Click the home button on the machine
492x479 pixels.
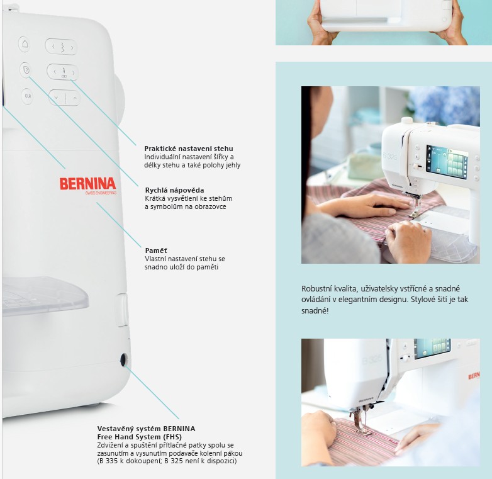click(x=25, y=44)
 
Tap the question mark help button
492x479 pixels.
click(x=26, y=70)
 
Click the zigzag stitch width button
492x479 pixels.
click(x=62, y=47)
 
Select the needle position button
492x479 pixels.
click(x=63, y=72)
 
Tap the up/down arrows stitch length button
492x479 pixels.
click(x=65, y=98)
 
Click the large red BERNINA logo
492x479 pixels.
click(x=87, y=184)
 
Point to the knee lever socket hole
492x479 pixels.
click(x=123, y=359)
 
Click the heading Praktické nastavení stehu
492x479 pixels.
click(x=189, y=149)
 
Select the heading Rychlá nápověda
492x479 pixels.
click(x=174, y=190)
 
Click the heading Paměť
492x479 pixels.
click(x=156, y=251)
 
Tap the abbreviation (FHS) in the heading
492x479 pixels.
click(x=171, y=437)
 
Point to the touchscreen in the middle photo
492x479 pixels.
click(x=447, y=162)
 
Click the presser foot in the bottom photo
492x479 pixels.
click(x=362, y=423)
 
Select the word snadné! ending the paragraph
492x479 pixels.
click(x=315, y=311)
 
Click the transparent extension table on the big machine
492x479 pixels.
click(x=45, y=295)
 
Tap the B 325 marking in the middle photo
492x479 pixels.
click(x=390, y=155)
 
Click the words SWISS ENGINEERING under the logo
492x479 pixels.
click(x=101, y=193)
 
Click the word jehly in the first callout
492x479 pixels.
click(x=233, y=165)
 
